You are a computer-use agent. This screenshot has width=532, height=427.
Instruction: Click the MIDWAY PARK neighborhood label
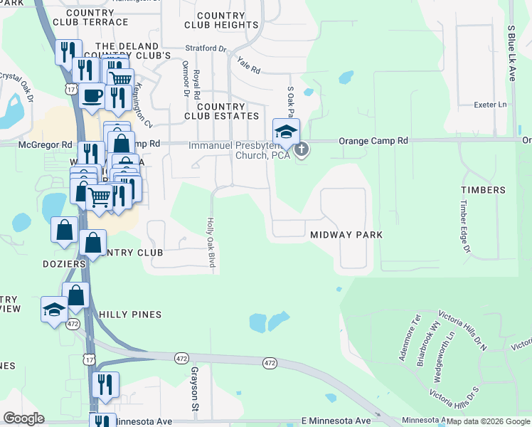[346, 234]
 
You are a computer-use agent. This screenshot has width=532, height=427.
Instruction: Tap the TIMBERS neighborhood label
[483, 190]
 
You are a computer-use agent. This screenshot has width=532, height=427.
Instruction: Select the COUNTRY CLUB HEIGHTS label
[220, 20]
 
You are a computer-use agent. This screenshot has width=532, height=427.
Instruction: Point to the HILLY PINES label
[130, 314]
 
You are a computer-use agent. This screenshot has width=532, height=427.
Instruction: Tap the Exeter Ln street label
[490, 105]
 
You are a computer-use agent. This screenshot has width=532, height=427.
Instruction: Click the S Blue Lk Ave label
[511, 54]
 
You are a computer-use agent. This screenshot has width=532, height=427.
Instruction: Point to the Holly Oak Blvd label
[211, 242]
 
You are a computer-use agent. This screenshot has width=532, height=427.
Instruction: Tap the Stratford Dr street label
[205, 49]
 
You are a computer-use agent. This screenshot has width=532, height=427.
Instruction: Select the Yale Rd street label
[249, 66]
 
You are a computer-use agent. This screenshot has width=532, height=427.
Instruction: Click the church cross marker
[302, 149]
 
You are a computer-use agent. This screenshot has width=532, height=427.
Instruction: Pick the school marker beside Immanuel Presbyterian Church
[286, 132]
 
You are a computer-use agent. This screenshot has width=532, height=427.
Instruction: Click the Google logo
[23, 418]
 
